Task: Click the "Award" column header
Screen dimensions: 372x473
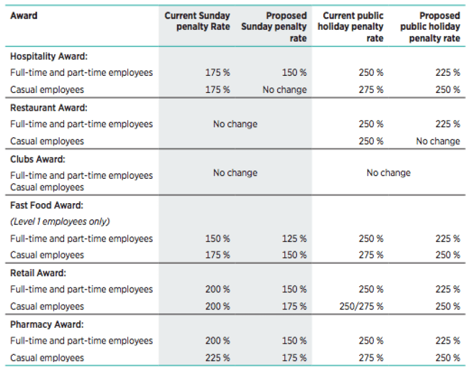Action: pyautogui.click(x=24, y=15)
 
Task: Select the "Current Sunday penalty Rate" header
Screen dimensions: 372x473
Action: pyautogui.click(x=197, y=21)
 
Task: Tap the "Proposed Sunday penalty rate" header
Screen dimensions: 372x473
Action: pyautogui.click(x=274, y=27)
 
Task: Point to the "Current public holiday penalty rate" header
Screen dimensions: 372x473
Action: pyautogui.click(x=353, y=27)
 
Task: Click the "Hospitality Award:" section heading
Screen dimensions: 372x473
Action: pyautogui.click(x=49, y=56)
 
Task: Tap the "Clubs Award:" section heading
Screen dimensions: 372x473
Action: pyautogui.click(x=38, y=159)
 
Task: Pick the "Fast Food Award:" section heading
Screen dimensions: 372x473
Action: pyautogui.click(x=46, y=205)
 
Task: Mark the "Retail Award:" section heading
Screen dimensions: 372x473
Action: pyautogui.click(x=37, y=273)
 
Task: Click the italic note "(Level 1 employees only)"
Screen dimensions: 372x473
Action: pyautogui.click(x=60, y=222)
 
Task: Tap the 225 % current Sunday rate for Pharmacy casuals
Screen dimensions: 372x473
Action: pyautogui.click(x=217, y=358)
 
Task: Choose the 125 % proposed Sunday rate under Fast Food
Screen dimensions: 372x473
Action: pyautogui.click(x=294, y=239)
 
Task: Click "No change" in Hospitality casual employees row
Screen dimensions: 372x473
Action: pyautogui.click(x=284, y=90)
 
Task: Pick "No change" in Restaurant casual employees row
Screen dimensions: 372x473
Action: pyautogui.click(x=438, y=141)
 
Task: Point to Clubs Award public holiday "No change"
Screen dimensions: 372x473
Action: pyautogui.click(x=388, y=173)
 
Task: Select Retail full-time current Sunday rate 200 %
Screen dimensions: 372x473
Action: pyautogui.click(x=217, y=290)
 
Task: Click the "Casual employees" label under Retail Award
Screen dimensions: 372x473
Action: pyautogui.click(x=47, y=306)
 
